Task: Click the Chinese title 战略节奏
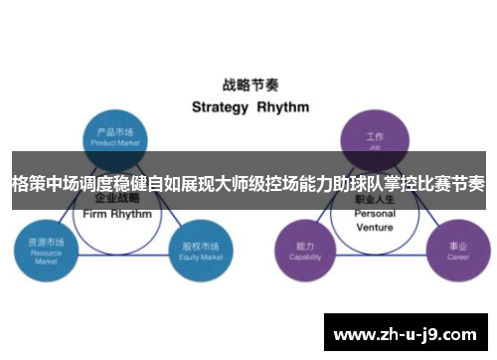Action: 249,86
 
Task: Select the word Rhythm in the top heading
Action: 283,106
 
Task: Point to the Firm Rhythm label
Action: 118,214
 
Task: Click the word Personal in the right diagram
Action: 375,213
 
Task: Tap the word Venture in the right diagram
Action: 375,226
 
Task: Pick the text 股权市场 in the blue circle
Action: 196,243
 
